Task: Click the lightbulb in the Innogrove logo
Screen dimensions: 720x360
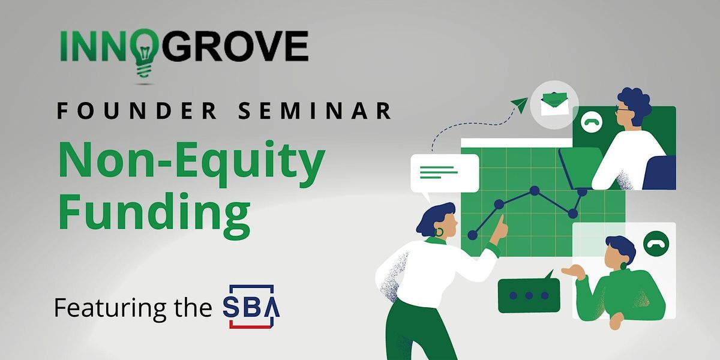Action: pyautogui.click(x=145, y=53)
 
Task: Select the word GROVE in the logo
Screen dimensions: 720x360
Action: pyautogui.click(x=235, y=46)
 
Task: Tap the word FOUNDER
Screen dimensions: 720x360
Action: pyautogui.click(x=136, y=110)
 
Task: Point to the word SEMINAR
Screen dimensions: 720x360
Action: pyautogui.click(x=314, y=110)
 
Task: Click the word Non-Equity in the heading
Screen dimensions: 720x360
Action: pyautogui.click(x=192, y=163)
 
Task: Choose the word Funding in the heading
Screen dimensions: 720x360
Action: pyautogui.click(x=154, y=214)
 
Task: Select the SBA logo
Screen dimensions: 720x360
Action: pyautogui.click(x=251, y=307)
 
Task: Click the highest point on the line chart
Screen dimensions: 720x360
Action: pyautogui.click(x=535, y=191)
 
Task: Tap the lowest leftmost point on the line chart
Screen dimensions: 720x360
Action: pyautogui.click(x=473, y=235)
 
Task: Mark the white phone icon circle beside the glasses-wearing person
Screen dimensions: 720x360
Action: pyautogui.click(x=592, y=122)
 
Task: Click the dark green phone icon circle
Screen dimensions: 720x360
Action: pyautogui.click(x=656, y=244)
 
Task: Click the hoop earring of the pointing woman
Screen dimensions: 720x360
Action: pyautogui.click(x=439, y=232)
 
